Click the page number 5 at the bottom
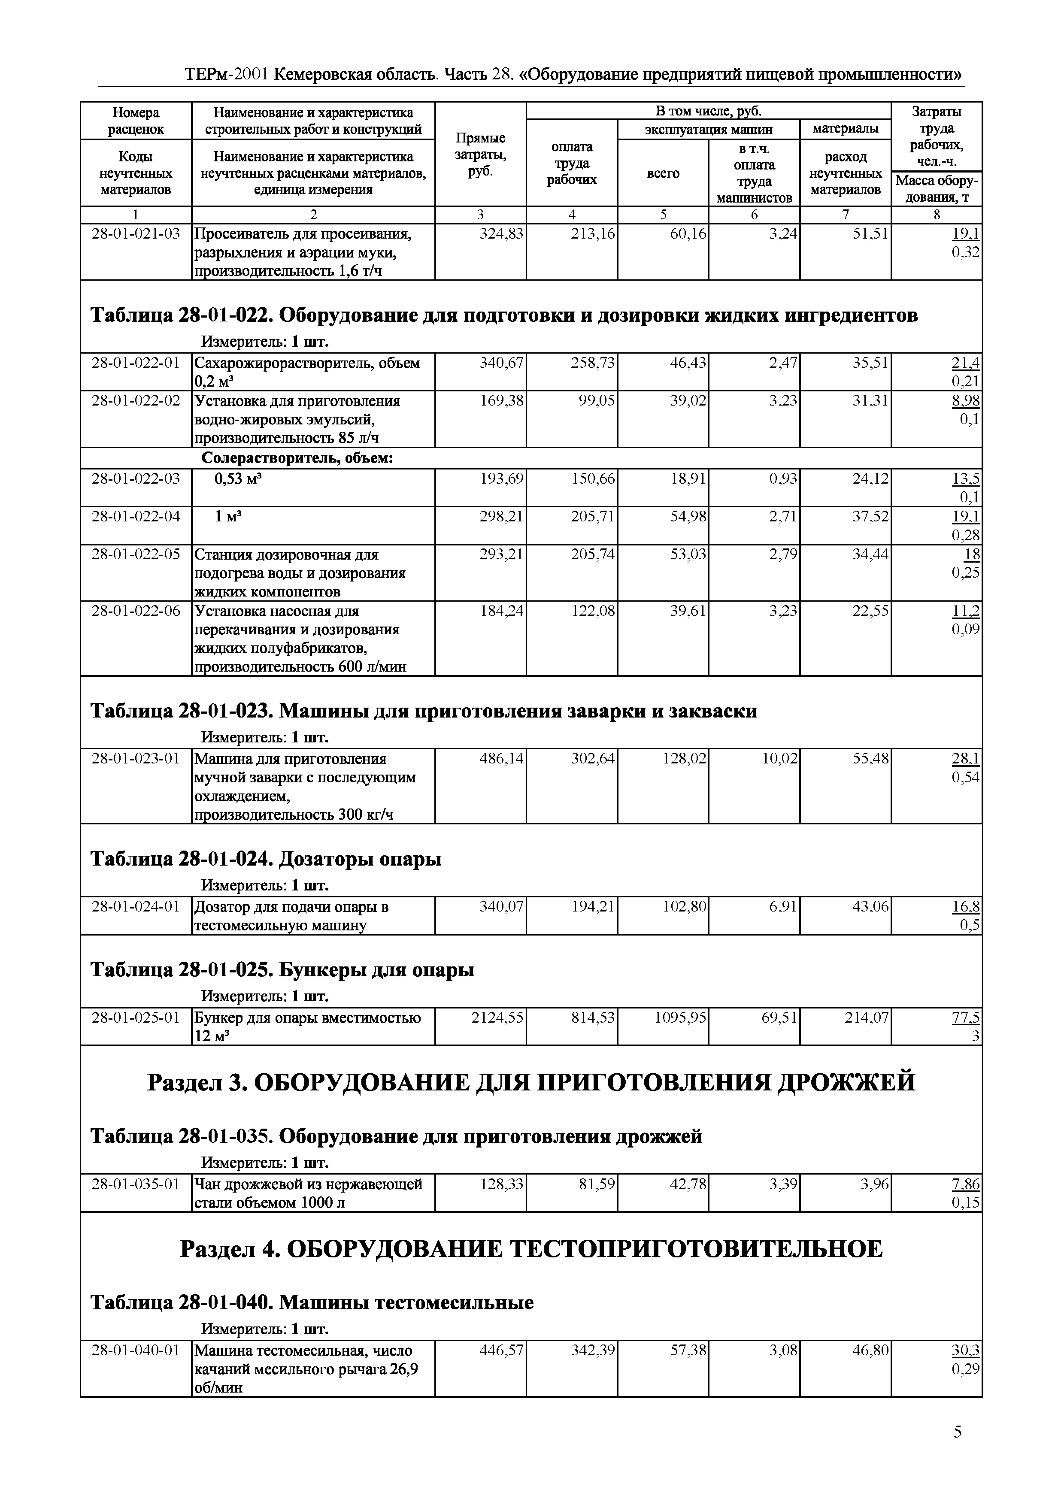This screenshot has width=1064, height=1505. (957, 1450)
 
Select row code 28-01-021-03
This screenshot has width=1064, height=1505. (136, 233)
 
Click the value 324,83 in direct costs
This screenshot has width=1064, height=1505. (501, 233)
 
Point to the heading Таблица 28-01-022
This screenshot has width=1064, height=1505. (503, 315)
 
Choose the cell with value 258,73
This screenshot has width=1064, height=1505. (593, 363)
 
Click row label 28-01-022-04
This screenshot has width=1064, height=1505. (136, 517)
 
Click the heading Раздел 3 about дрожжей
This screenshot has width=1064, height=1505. (531, 1082)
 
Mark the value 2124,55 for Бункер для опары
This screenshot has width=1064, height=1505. (497, 1017)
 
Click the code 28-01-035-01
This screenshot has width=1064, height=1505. (136, 1184)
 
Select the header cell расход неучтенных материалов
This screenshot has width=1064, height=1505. (845, 173)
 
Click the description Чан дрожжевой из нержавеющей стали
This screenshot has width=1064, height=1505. (308, 1193)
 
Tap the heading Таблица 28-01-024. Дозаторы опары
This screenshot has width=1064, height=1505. (266, 859)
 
